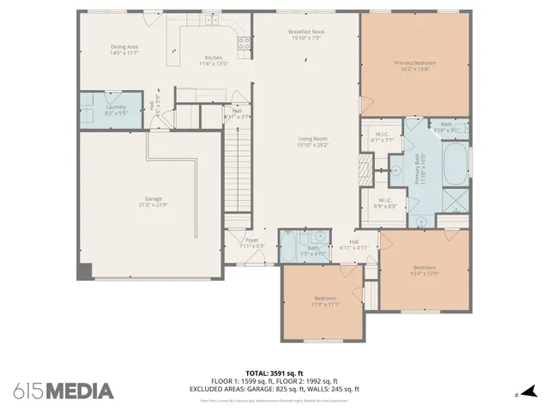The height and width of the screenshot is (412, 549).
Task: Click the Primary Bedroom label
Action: [415, 66]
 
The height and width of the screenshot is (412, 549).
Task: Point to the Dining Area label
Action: [124, 50]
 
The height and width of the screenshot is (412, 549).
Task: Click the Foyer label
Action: [252, 243]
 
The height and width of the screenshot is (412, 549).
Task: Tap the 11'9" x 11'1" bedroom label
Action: [325, 301]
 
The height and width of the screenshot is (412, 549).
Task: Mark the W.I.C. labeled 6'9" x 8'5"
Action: [383, 203]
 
